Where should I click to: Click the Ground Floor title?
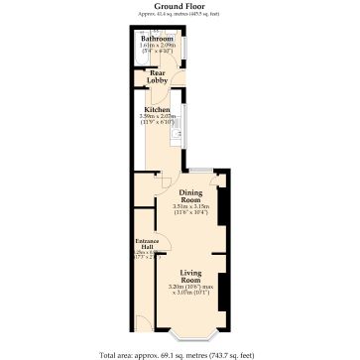[179, 5]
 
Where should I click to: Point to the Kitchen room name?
[157, 109]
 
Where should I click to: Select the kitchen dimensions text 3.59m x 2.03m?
[157, 117]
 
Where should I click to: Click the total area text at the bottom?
[179, 354]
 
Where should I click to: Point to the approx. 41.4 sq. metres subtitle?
[179, 13]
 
